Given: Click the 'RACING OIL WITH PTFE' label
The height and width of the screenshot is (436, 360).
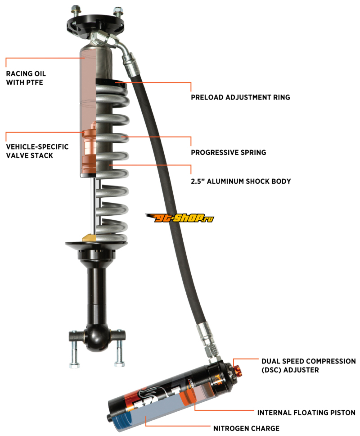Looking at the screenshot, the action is [26, 78].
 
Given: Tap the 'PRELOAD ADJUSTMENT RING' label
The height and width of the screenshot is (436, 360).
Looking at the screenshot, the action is [240, 97].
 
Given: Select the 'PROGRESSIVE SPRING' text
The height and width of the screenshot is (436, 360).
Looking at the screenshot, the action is [228, 152].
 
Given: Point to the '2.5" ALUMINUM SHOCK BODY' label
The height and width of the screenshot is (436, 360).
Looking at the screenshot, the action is [241, 182].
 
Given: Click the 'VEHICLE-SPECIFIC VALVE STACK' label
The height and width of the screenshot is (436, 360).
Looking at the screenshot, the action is [37, 151].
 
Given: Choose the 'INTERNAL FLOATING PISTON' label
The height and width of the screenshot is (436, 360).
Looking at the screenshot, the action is [306, 413].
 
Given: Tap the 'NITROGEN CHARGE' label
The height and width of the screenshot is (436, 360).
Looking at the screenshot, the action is [246, 428].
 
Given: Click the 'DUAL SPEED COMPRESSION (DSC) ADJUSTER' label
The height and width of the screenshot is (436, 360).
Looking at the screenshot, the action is [308, 366].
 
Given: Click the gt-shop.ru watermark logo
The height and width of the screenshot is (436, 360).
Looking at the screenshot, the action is [180, 218].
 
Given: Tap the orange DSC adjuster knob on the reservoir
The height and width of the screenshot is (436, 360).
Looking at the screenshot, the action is [238, 371].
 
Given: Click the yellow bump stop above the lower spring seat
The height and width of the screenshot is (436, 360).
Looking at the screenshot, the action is [89, 238].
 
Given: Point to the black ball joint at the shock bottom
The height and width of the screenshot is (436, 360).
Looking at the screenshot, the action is [97, 337].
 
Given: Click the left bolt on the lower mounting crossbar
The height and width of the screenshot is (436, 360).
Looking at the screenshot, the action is [74, 349].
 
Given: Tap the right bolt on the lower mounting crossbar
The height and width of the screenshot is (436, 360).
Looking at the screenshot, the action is [119, 349].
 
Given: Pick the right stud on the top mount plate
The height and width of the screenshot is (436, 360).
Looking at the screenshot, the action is [117, 12].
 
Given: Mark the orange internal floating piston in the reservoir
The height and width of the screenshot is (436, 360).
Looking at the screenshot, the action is [185, 397].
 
